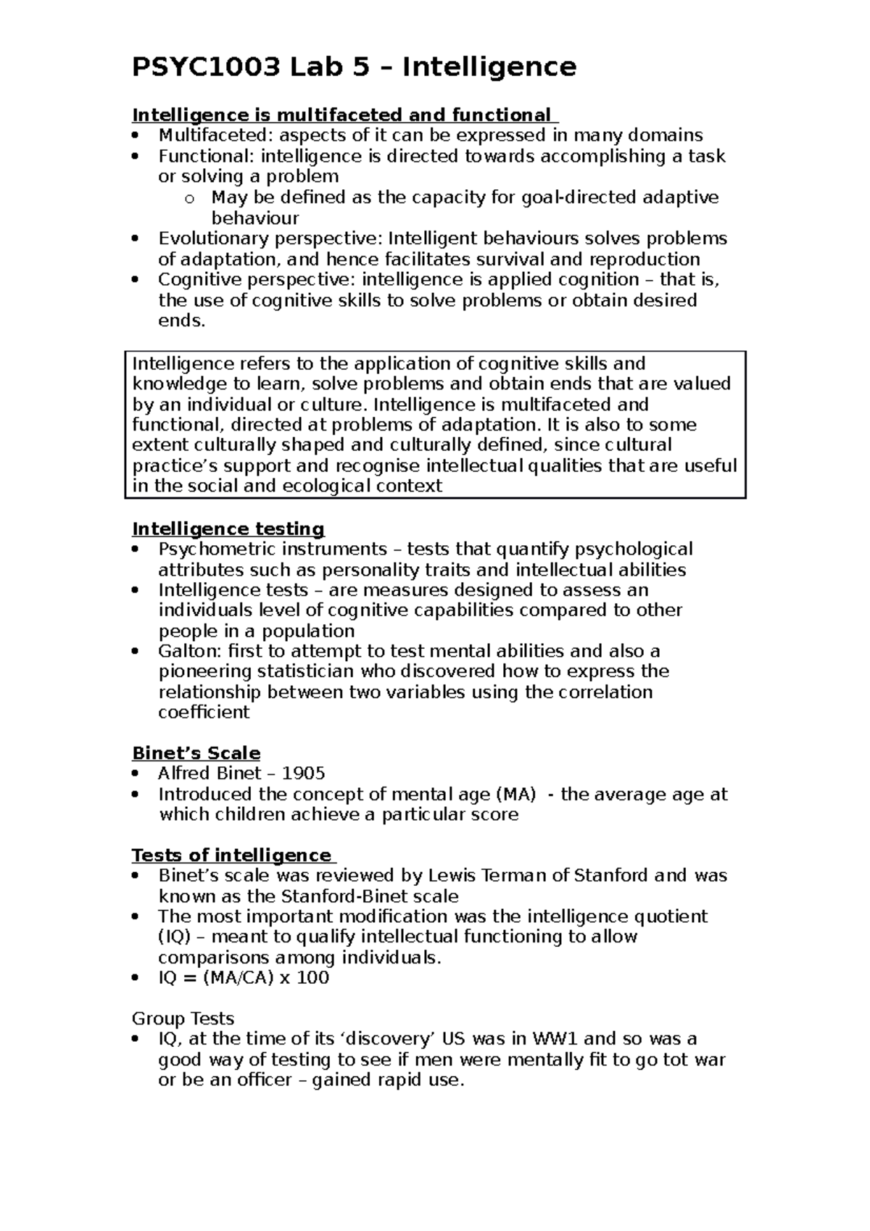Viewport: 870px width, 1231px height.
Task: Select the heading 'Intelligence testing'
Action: (x=228, y=529)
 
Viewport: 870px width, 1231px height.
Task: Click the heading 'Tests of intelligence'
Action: (x=231, y=855)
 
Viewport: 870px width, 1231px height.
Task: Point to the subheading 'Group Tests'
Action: (x=183, y=1019)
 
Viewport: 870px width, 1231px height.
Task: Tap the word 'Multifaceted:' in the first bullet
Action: (x=216, y=136)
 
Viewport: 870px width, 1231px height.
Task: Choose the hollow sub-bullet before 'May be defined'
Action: (x=190, y=198)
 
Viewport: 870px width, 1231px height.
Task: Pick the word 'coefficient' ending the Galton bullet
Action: (x=204, y=712)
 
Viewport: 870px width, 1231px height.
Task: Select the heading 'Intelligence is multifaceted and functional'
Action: (x=341, y=115)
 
